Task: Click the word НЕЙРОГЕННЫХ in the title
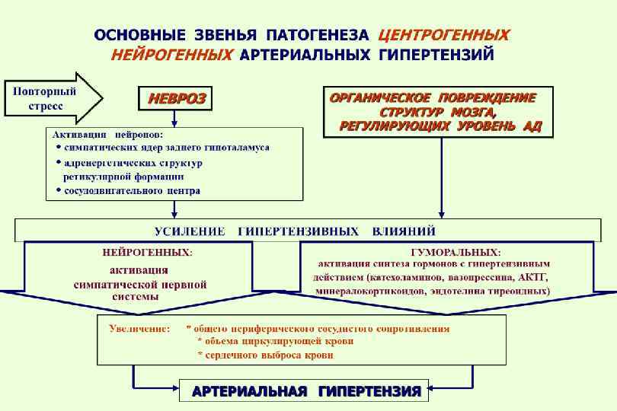172,55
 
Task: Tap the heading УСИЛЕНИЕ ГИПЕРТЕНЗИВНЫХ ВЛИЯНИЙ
296,230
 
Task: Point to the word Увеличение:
139,329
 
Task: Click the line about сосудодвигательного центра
131,191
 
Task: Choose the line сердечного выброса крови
264,355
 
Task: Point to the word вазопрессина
484,276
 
